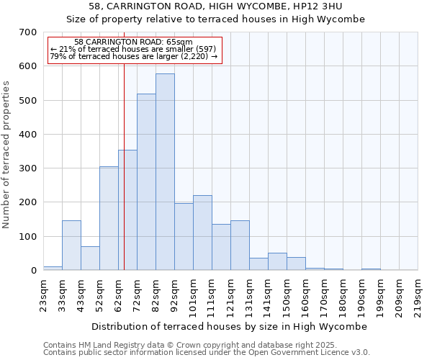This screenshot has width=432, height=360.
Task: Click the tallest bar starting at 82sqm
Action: (165, 172)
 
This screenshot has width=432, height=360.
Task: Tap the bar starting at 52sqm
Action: (109, 218)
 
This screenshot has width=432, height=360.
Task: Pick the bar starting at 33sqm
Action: (71, 246)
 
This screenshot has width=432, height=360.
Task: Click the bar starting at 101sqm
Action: (202, 233)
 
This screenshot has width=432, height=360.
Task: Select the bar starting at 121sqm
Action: (240, 246)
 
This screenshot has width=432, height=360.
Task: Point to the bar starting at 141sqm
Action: (277, 261)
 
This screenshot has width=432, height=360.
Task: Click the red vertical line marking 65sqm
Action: (124, 158)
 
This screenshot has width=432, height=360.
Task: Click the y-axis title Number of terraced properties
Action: (6, 154)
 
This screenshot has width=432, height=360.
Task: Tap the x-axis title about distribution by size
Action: (230, 326)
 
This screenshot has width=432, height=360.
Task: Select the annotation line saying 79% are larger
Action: (134, 55)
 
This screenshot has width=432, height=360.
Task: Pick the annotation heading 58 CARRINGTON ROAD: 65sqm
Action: (134, 42)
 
